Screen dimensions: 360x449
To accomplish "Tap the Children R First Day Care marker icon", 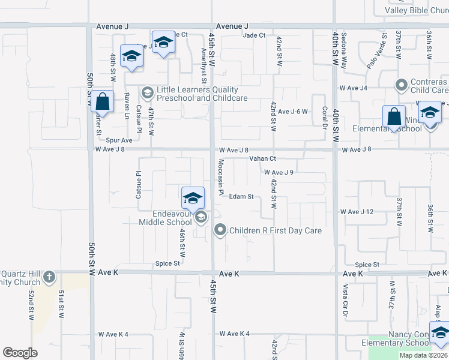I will coord(220,230).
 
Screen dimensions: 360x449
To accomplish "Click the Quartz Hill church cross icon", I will coord(49,277).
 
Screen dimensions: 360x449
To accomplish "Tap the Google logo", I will coord(20,353).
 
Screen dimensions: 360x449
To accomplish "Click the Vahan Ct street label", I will coord(262,158).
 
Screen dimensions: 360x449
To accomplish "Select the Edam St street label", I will coord(242,196).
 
